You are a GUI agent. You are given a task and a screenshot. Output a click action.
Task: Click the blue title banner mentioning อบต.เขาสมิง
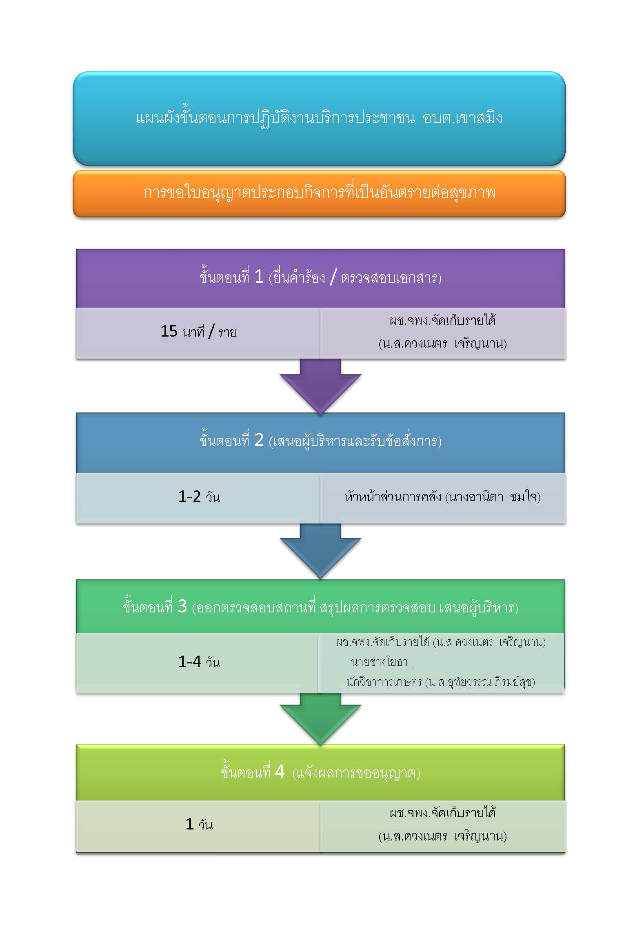[x=319, y=118]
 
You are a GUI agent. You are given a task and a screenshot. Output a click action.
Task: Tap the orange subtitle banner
[x=319, y=193]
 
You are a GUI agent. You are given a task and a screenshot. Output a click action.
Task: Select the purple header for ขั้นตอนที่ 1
[x=320, y=278]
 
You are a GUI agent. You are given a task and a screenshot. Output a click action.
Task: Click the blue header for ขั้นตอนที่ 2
[x=320, y=442]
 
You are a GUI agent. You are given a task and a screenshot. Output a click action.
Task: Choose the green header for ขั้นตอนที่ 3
[x=320, y=607]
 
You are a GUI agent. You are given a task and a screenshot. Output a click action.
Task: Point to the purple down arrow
[x=320, y=386]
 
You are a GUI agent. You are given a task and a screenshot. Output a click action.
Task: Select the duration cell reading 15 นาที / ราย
[x=199, y=332]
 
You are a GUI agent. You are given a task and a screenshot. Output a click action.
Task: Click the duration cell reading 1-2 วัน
[x=199, y=497]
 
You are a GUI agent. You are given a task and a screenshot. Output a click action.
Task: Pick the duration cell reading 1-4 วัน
[x=199, y=662]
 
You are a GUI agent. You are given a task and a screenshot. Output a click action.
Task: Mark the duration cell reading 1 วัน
[x=199, y=825]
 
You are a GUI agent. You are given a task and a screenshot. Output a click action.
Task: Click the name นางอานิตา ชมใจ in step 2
[x=493, y=497]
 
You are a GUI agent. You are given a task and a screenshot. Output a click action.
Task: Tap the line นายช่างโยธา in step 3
[x=379, y=662]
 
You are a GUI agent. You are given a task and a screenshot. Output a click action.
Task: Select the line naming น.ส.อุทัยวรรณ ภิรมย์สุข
[x=480, y=682]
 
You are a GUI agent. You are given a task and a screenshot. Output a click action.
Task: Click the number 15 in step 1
[x=169, y=331]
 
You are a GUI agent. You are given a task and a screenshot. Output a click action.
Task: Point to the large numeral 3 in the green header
[x=182, y=607]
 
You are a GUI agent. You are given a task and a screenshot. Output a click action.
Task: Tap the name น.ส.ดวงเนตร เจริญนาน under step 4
[x=443, y=837]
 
